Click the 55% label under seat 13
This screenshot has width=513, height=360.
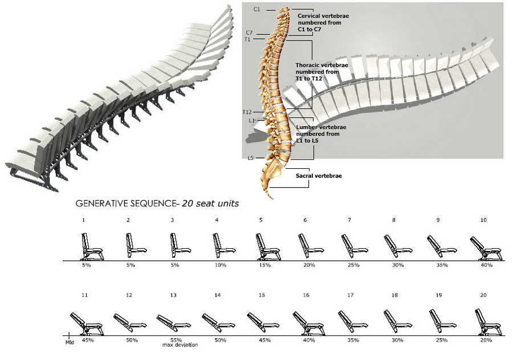(176, 339)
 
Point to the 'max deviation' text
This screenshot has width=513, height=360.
(180, 345)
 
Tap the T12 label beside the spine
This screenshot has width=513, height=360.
(247, 112)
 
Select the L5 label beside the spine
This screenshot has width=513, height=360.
(250, 157)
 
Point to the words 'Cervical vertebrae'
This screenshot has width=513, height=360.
(319, 17)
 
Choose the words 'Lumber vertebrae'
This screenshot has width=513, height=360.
(317, 127)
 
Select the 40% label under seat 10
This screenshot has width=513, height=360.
(486, 265)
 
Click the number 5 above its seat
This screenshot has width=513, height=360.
(260, 219)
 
